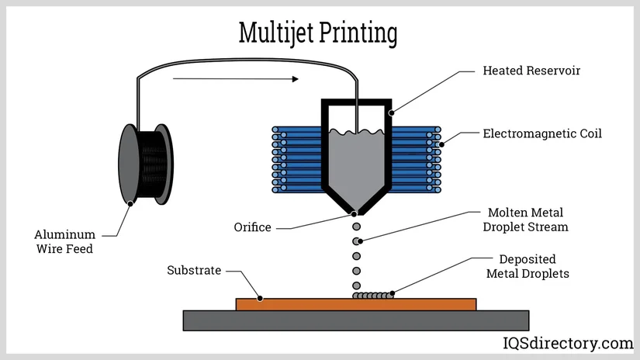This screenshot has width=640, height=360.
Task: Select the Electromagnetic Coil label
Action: pos(542,133)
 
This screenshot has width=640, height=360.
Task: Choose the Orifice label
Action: pos(253,227)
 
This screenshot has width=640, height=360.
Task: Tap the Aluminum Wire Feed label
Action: pos(65,241)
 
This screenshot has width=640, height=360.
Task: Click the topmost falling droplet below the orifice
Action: pos(357,227)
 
